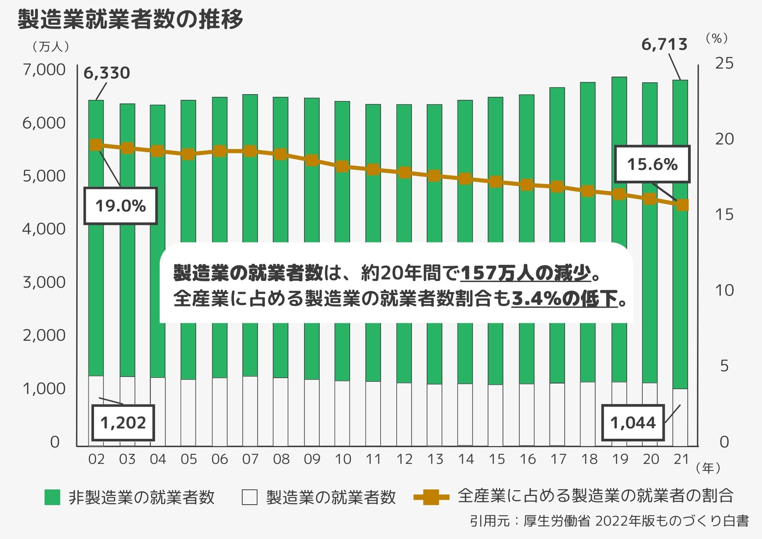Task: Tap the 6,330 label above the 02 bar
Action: (x=107, y=73)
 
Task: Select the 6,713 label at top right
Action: (x=664, y=45)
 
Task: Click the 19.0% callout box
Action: (x=120, y=206)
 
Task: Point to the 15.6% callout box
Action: (x=652, y=164)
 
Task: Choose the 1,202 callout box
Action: (x=123, y=423)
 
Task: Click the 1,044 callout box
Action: (x=633, y=423)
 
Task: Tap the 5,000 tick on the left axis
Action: (x=44, y=176)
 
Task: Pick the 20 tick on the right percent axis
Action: (x=724, y=139)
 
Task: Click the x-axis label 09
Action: (x=312, y=459)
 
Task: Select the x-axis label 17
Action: (x=558, y=459)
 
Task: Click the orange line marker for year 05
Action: (x=188, y=154)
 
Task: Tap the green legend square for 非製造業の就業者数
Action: (x=52, y=497)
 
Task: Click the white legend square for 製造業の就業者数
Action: (x=250, y=497)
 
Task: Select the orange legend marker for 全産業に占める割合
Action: (x=431, y=497)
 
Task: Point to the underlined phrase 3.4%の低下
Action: (x=564, y=298)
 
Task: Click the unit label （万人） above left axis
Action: (x=51, y=47)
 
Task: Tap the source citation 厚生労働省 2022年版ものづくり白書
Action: (x=636, y=521)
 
